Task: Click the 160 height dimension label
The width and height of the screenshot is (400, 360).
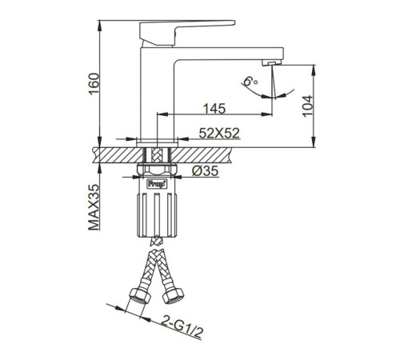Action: [94, 84]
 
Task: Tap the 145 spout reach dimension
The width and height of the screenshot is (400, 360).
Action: [214, 109]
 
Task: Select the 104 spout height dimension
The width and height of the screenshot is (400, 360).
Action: [307, 106]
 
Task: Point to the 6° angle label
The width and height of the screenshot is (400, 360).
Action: [250, 81]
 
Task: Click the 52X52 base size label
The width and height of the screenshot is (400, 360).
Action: [219, 133]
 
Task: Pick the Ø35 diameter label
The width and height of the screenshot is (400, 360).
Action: [206, 171]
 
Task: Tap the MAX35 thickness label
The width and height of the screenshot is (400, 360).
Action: [94, 207]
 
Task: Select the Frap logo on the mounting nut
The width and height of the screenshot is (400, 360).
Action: [157, 184]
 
